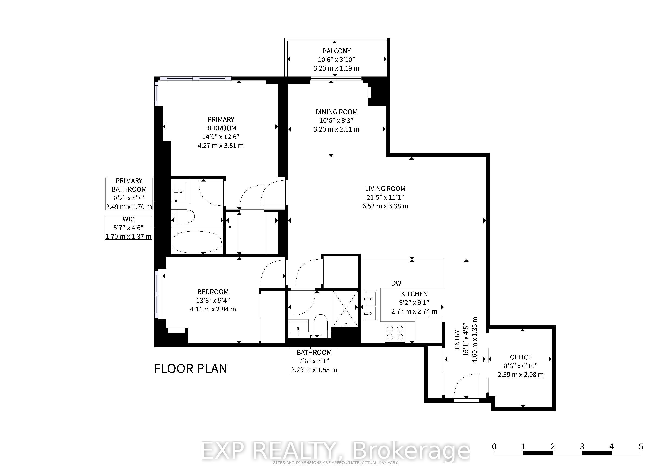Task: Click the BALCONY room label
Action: [x=336, y=51]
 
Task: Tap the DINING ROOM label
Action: [x=336, y=112]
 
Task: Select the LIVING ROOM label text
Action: [x=385, y=189]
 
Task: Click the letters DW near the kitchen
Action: [x=396, y=283]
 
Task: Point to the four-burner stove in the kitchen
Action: [x=395, y=333]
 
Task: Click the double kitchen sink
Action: [x=370, y=306]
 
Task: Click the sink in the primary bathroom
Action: [x=181, y=191]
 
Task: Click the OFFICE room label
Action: [x=521, y=357]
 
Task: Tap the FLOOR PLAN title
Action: [x=190, y=369]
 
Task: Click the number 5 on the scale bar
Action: [x=641, y=446]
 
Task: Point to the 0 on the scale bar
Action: [x=494, y=446]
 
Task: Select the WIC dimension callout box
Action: [x=129, y=228]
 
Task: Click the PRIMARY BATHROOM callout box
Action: [x=129, y=194]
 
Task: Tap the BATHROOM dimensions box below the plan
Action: [x=314, y=361]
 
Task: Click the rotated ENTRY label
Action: [x=457, y=340]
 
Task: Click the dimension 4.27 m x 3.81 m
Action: [x=221, y=145]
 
